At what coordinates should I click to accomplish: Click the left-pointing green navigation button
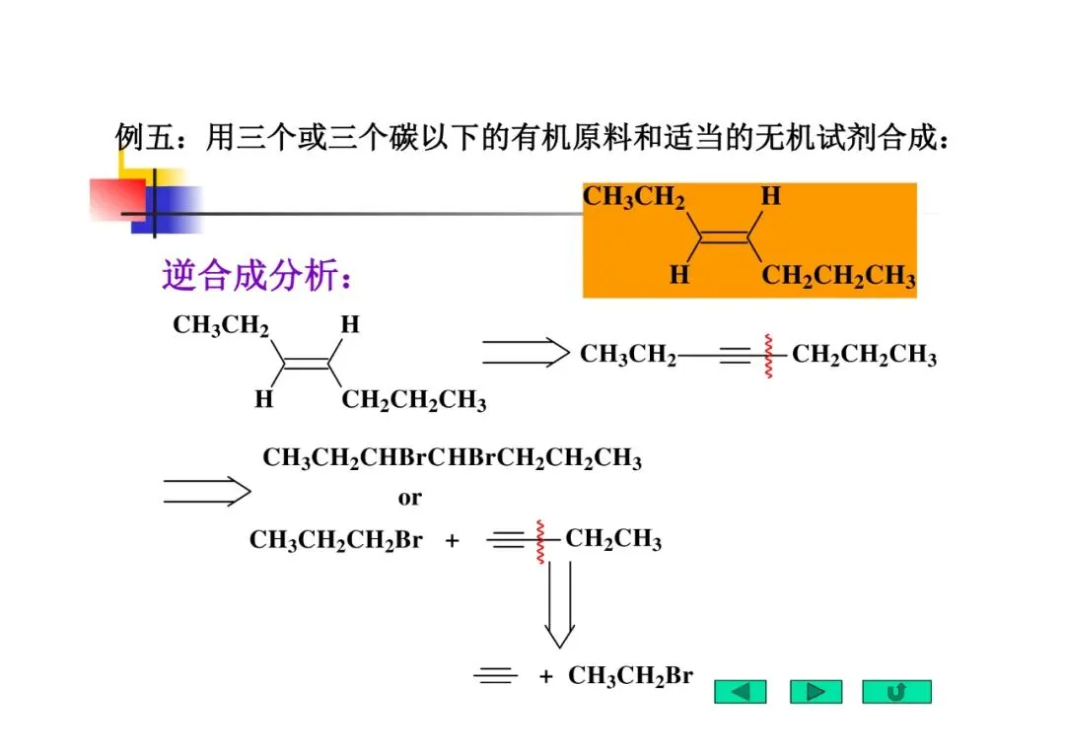[741, 691]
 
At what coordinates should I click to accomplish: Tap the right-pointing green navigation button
[816, 691]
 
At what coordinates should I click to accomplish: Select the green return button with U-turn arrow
[895, 691]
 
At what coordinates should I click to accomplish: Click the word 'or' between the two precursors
[409, 498]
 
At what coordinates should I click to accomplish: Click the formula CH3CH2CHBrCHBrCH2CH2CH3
[452, 458]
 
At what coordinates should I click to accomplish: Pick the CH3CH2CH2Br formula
[335, 540]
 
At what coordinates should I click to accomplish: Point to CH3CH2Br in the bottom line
[630, 675]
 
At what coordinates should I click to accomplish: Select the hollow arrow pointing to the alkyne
[526, 352]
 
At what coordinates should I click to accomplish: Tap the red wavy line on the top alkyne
[765, 355]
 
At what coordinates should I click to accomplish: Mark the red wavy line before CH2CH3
[540, 540]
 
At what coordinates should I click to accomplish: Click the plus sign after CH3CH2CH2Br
[453, 541]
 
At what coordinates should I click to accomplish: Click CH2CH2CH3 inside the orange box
[838, 276]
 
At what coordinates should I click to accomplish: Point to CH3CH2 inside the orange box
[634, 197]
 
